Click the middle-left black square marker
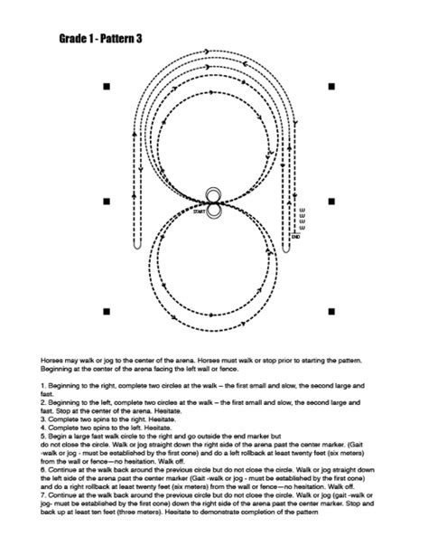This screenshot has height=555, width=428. coord(107,201)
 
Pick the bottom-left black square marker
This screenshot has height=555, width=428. coord(107,312)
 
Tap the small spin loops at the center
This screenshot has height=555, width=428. coord(213,203)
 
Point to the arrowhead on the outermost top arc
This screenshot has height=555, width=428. coord(208,50)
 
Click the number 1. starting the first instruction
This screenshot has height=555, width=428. coord(43,386)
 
